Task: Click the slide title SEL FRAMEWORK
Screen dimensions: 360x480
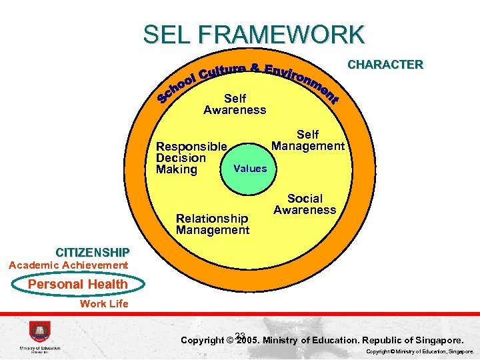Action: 254,34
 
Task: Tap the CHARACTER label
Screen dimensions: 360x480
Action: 385,65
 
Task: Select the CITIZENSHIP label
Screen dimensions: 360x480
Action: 93,253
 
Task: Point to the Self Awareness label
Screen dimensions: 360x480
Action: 235,104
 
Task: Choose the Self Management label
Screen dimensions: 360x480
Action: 308,140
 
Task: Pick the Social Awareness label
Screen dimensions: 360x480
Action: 305,204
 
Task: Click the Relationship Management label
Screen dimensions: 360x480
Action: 212,224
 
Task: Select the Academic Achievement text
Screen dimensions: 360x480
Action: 68,265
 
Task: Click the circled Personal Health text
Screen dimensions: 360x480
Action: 77,284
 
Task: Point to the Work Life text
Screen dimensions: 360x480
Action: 104,304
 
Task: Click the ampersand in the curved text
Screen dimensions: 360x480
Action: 255,68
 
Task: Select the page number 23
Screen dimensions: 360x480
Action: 241,336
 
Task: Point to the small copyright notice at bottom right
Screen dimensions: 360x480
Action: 421,351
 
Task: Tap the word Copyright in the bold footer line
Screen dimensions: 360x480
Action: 203,341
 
